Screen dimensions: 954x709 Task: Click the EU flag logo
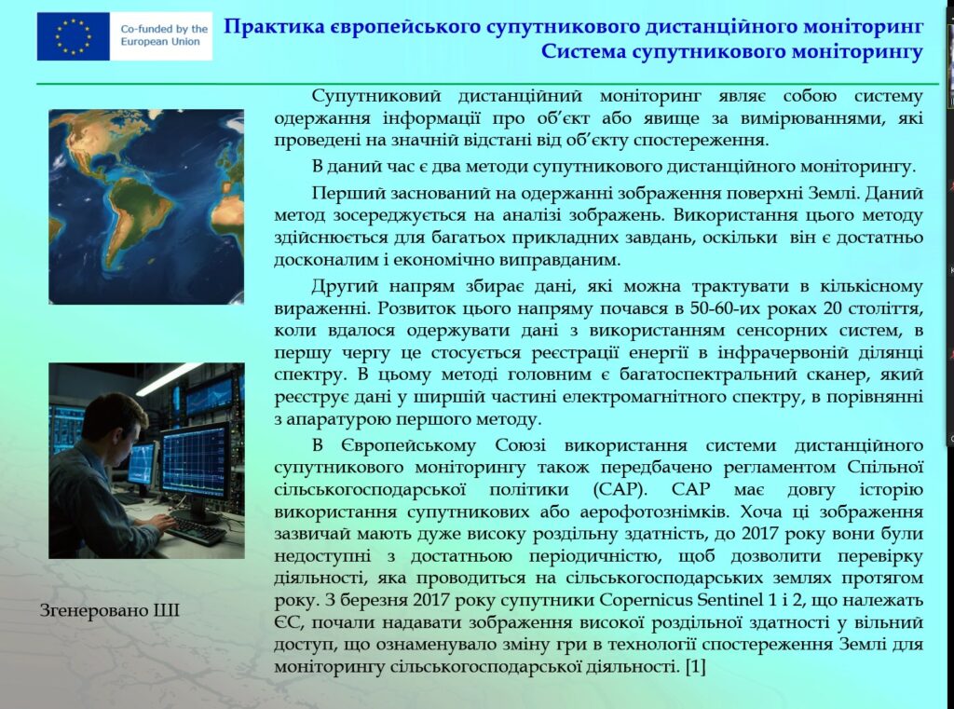click(73, 36)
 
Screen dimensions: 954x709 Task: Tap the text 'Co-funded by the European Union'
click(164, 35)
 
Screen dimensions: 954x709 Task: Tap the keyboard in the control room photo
click(196, 531)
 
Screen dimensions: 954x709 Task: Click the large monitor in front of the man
click(196, 462)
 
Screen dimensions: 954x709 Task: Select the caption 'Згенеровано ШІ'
click(110, 610)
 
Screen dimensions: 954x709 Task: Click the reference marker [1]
click(695, 667)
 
